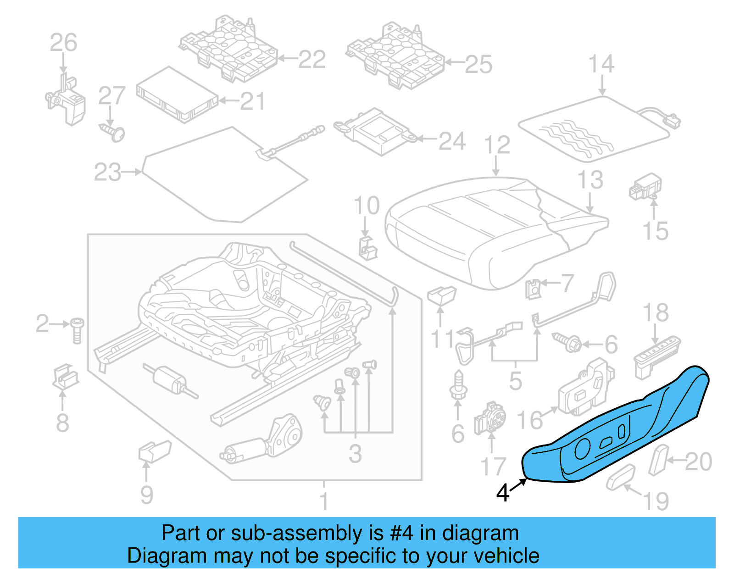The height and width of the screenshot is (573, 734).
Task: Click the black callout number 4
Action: [x=503, y=493]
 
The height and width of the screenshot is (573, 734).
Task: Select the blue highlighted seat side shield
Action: [x=615, y=431]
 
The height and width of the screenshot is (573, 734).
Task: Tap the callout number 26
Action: [x=63, y=43]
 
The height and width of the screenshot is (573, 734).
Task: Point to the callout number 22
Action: [x=312, y=59]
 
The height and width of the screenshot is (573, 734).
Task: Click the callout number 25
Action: [x=478, y=64]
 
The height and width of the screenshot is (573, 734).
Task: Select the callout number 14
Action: [x=601, y=64]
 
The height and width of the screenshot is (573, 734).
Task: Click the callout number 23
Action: [x=107, y=172]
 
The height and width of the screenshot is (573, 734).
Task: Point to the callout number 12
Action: [x=497, y=145]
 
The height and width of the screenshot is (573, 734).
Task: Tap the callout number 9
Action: [x=146, y=495]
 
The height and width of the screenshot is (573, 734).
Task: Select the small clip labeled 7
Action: [x=533, y=289]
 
